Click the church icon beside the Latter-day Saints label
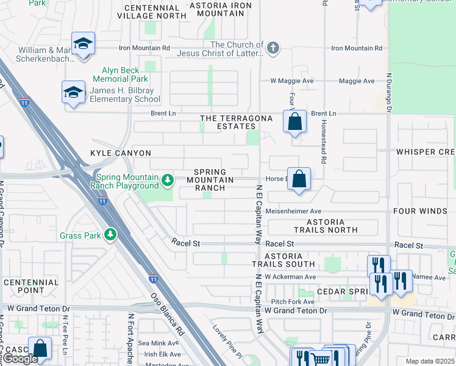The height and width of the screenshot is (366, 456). [273, 47]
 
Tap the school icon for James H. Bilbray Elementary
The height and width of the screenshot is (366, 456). [73, 92]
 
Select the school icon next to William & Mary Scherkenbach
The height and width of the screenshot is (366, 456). [83, 43]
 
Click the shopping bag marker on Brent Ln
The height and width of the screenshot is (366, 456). [294, 121]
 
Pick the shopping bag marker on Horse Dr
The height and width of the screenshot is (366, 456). [299, 179]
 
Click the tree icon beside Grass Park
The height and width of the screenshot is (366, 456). [110, 235]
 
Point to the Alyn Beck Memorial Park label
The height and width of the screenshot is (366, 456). [120, 74]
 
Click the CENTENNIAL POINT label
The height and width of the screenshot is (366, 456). [30, 287]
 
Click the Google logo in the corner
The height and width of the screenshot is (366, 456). [20, 358]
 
